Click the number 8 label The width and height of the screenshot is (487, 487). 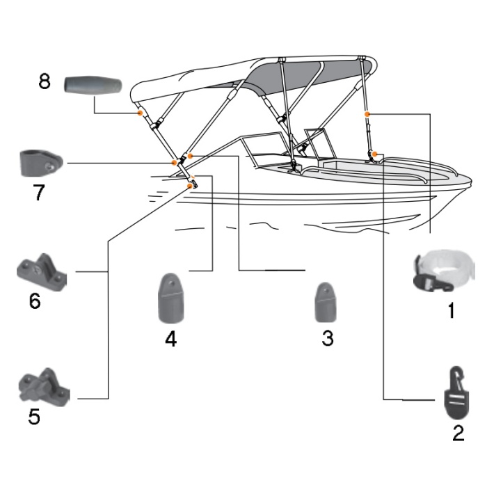(45, 81)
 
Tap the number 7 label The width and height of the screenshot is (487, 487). (40, 193)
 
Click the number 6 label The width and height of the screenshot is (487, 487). (35, 302)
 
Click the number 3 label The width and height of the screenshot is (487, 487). (328, 339)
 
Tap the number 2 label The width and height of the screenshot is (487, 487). (458, 433)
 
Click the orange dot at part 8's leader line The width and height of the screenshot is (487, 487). (140, 113)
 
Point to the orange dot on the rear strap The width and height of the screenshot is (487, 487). (367, 112)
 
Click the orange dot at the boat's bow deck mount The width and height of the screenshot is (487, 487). (374, 153)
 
